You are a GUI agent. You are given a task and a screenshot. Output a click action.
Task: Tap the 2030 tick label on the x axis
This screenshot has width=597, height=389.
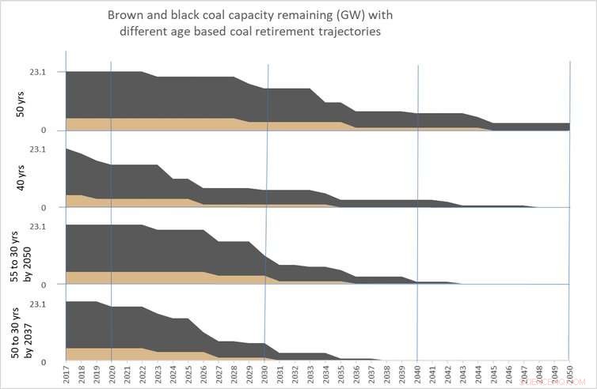point(264,375)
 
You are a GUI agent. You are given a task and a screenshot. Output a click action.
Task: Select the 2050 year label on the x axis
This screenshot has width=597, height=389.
point(568,375)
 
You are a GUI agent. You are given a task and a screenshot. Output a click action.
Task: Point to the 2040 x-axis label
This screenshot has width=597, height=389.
point(416,375)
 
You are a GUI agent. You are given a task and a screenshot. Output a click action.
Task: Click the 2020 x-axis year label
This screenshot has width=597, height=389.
point(112,375)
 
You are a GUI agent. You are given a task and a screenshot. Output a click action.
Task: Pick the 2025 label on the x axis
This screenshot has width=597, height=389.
point(188,375)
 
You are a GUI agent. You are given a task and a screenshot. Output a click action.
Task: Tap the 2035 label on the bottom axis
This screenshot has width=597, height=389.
point(340,375)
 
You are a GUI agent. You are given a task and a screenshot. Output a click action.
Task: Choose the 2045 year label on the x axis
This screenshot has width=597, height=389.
point(492,375)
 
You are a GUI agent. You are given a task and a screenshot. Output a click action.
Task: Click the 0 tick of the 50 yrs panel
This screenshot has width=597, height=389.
point(44,130)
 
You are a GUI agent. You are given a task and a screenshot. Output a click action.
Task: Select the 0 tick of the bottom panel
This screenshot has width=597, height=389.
point(44,361)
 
